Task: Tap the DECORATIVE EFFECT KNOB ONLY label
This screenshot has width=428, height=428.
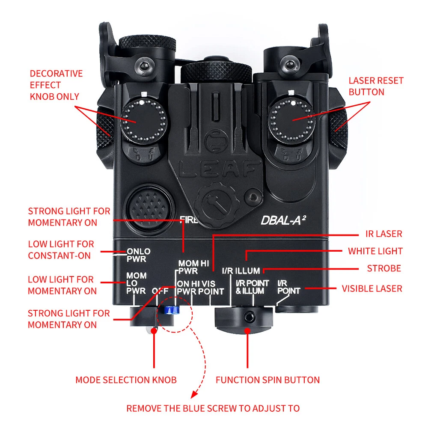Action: click(x=56, y=85)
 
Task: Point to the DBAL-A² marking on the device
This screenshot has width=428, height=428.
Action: click(x=283, y=221)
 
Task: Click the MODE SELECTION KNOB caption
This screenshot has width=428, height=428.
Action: click(x=126, y=380)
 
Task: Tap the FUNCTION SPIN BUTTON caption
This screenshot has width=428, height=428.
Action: click(x=267, y=380)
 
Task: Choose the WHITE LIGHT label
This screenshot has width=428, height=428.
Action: click(x=375, y=251)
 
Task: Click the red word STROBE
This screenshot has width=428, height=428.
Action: click(x=384, y=268)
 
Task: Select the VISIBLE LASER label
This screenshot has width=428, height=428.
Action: click(x=372, y=288)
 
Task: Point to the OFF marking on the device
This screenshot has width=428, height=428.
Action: click(x=160, y=291)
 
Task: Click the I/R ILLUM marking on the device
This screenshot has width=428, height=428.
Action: click(x=241, y=270)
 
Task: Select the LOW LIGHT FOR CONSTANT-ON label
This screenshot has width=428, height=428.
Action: click(x=61, y=250)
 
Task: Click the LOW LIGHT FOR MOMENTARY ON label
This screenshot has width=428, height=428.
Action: click(x=62, y=285)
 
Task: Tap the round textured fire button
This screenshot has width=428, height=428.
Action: click(x=147, y=205)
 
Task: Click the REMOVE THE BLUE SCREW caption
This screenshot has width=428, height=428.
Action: click(x=213, y=408)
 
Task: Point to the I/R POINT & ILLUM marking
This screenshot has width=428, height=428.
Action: click(x=252, y=287)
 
